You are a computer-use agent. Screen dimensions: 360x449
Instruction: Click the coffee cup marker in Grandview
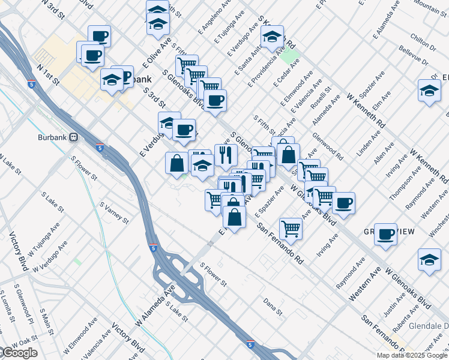pyautogui.click(x=386, y=233)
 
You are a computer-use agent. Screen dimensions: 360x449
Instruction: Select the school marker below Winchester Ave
pyautogui.click(x=429, y=260)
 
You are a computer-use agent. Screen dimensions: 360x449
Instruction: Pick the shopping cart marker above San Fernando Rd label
pyautogui.click(x=291, y=227)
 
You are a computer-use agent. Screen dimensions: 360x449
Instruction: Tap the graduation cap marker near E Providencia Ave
pyautogui.click(x=273, y=37)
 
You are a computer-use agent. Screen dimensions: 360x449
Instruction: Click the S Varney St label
pyautogui.click(x=113, y=212)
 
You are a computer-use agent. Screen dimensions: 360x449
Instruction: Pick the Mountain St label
pyautogui.click(x=430, y=6)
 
